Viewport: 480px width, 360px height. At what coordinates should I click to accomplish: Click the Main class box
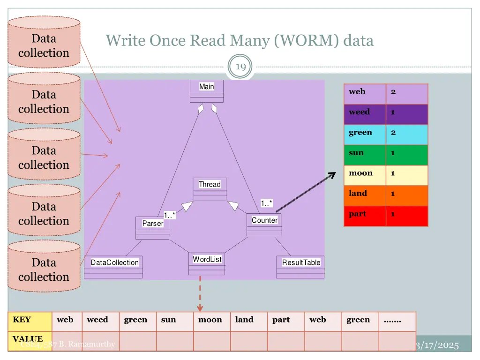(206, 90)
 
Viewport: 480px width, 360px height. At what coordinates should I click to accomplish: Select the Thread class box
(210, 188)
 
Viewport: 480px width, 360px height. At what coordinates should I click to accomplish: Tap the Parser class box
(152, 228)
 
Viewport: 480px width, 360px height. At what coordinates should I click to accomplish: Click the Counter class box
(264, 225)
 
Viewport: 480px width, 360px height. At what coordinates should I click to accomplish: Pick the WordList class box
(207, 264)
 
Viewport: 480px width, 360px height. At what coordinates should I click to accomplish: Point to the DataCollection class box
(114, 267)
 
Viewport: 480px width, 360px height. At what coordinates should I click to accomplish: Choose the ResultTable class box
(301, 267)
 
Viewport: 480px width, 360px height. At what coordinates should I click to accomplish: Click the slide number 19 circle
(240, 67)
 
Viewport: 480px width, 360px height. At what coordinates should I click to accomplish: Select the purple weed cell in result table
(365, 112)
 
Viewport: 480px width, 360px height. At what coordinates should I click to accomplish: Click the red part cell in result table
(365, 214)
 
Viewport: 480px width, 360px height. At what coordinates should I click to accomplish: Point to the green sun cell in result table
(365, 153)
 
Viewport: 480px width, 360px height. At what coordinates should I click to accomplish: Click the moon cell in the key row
(210, 320)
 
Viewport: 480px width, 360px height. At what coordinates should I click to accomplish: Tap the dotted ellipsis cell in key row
(397, 320)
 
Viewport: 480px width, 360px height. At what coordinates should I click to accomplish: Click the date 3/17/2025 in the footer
(437, 345)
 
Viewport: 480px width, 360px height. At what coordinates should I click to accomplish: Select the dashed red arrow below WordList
(200, 293)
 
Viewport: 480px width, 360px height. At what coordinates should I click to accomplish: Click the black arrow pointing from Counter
(306, 192)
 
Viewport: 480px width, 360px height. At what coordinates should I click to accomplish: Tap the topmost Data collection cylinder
(44, 42)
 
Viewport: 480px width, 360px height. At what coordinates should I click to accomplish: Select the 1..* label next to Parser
(170, 215)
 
